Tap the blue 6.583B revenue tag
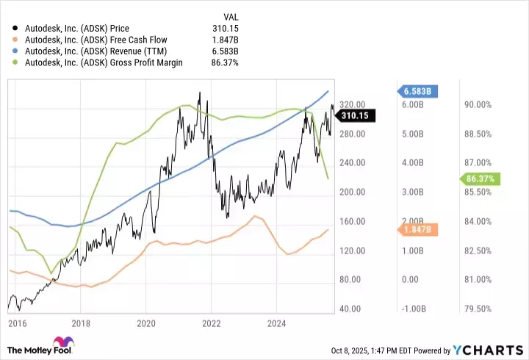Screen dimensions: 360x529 (x=419, y=91)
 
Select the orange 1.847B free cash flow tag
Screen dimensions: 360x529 (x=420, y=230)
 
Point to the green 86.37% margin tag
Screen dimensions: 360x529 (x=481, y=179)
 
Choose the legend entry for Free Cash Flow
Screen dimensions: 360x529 (x=94, y=40)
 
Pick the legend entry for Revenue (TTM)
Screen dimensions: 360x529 (x=96, y=51)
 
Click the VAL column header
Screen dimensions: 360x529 (x=230, y=16)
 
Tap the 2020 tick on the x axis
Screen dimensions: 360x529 (x=146, y=323)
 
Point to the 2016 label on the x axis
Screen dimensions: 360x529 (x=16, y=323)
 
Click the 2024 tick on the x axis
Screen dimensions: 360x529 (x=276, y=323)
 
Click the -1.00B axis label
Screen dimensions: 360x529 (x=415, y=309)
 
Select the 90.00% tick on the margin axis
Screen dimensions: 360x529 (x=478, y=105)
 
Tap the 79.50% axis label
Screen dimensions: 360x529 (x=478, y=309)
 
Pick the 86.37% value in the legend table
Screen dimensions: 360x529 (x=224, y=63)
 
